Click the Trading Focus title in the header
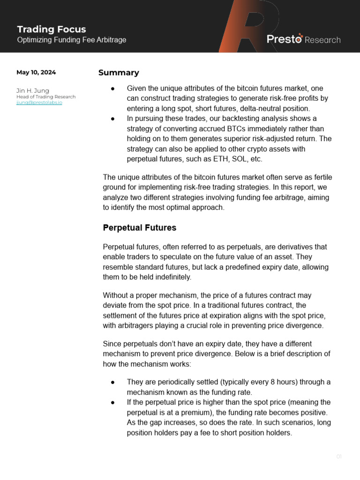(x=52, y=30)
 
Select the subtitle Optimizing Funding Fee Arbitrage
(x=72, y=40)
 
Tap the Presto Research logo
(x=303, y=39)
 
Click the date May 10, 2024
(x=36, y=73)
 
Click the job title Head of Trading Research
(x=46, y=97)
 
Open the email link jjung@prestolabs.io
(x=39, y=103)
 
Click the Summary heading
(x=119, y=73)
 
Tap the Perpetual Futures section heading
(x=139, y=228)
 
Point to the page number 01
(x=339, y=457)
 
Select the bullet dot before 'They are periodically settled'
(x=113, y=382)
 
